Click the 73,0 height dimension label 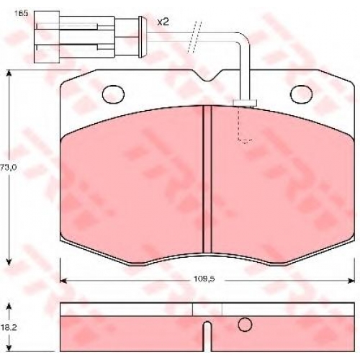click(x=8, y=168)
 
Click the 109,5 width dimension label click(x=204, y=279)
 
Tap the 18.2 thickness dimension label click(x=9, y=328)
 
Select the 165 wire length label click(x=21, y=13)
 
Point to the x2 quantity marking click(x=163, y=22)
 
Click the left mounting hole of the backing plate click(x=113, y=94)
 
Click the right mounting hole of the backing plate click(x=301, y=94)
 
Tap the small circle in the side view click(x=245, y=325)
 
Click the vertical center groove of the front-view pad click(x=207, y=179)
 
